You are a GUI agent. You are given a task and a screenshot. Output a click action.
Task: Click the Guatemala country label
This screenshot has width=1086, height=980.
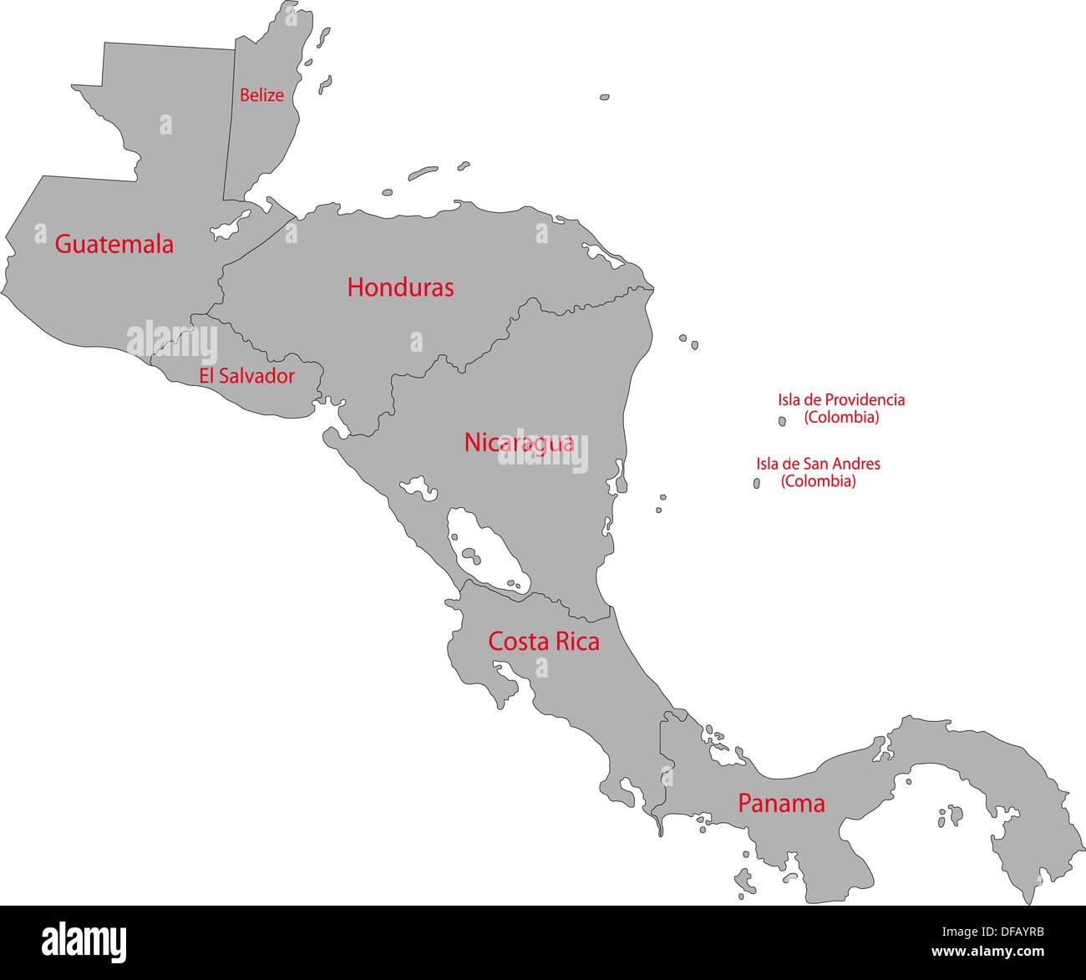coord(114,244)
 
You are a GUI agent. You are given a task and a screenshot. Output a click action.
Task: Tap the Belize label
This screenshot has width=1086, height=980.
coord(261,95)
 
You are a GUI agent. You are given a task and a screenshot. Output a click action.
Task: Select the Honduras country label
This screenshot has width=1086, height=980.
coord(400,287)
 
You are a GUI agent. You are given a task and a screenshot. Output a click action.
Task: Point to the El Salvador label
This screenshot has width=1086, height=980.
coord(246,376)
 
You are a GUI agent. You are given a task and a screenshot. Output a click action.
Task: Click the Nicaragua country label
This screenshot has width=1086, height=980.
coord(519,442)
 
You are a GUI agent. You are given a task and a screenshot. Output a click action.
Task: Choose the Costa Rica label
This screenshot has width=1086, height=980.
coord(543,642)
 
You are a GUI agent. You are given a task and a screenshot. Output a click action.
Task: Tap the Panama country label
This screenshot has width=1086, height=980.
coord(781,804)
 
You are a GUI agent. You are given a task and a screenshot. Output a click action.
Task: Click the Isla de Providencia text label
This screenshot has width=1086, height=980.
coord(841,400)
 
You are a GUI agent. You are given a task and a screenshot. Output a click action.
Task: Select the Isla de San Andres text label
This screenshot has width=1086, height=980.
coord(818,464)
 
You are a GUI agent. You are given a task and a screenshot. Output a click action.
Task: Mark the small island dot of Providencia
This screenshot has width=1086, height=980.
coord(783,422)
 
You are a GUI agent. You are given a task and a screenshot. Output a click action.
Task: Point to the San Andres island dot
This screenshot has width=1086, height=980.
coord(757,483)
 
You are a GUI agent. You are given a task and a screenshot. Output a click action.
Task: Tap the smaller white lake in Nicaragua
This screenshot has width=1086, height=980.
coord(419,488)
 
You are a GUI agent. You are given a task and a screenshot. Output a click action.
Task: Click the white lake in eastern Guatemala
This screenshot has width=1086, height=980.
coord(231,225)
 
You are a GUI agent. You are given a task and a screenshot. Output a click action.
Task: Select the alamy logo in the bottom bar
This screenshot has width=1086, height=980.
coord(84,942)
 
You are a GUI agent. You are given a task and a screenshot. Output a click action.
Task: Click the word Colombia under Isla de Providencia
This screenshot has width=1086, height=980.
coord(841,418)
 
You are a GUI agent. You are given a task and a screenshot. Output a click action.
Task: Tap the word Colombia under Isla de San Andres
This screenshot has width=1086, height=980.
coord(818,481)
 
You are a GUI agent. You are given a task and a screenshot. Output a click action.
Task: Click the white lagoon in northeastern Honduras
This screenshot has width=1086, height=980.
coord(603,255)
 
